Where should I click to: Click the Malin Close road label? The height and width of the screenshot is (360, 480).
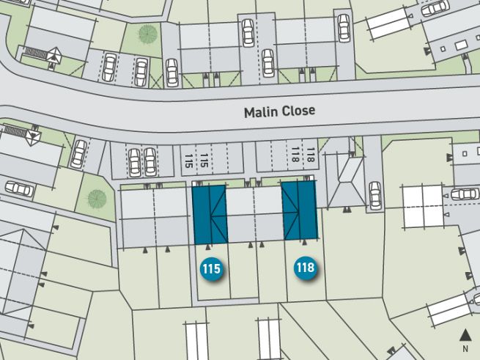(278, 111)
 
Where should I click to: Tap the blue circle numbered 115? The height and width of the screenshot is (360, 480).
(210, 269)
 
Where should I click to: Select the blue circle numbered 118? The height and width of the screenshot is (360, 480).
(305, 268)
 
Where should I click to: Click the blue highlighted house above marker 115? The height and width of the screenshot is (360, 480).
(209, 213)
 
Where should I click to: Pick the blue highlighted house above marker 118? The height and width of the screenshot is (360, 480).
(299, 210)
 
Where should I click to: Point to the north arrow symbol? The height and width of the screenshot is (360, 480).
(465, 334)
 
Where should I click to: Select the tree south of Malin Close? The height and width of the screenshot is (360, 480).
(96, 197)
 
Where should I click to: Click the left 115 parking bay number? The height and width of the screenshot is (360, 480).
(189, 158)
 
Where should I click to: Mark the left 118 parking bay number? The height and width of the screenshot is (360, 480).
(295, 154)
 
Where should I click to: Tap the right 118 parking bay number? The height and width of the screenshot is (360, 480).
(310, 154)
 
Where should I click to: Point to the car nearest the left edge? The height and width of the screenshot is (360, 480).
(19, 189)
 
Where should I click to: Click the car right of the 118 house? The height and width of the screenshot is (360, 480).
(375, 195)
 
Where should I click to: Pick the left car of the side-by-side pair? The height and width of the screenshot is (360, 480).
(135, 162)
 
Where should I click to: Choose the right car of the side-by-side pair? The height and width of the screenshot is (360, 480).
(150, 162)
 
